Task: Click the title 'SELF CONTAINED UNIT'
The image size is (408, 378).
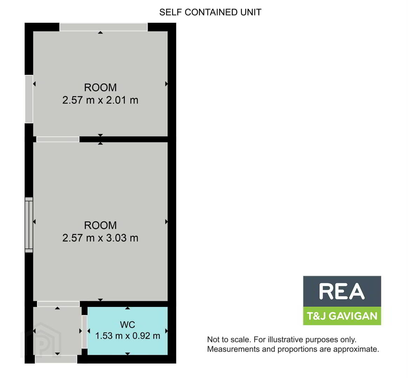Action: point(210,12)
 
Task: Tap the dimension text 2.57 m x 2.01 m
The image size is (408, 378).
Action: point(100,100)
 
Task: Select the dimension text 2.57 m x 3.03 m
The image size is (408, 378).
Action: point(100,238)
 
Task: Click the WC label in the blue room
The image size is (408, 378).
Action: point(127,325)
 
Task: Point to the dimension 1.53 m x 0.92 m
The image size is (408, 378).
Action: point(127,336)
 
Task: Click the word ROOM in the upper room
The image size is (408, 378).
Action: point(100,87)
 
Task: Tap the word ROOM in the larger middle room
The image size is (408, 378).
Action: point(100,225)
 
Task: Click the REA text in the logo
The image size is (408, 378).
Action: point(342,292)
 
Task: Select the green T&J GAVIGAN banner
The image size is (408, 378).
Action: point(342,316)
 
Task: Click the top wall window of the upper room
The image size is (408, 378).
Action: point(104,27)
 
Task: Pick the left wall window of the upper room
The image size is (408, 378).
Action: point(29,99)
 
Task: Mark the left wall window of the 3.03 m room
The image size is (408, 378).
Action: point(29,225)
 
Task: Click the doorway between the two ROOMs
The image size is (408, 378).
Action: point(58,139)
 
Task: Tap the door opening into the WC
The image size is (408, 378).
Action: point(85,332)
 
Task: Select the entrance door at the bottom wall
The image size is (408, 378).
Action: point(56,359)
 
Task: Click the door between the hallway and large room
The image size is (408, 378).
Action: point(58,304)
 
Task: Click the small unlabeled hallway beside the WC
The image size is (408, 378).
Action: point(57,331)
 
